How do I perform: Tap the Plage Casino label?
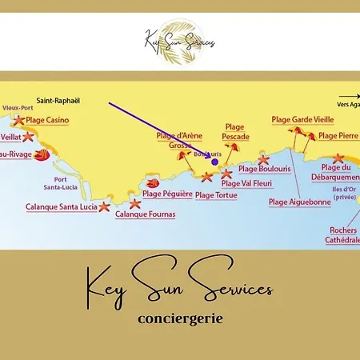pos(47,120)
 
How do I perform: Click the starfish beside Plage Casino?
pos(18,121)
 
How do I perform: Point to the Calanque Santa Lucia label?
pos(60,207)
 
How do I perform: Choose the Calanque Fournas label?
pos(145,214)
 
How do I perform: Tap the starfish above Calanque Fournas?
pos(135,202)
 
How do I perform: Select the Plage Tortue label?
pos(216,194)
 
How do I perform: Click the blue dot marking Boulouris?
pos(214,162)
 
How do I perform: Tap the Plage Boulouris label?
pos(265,169)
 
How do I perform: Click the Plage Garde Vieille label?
pos(302,119)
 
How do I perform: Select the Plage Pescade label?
pos(235,132)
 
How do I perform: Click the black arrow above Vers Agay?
pos(349,95)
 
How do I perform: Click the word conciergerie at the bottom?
pos(179,318)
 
